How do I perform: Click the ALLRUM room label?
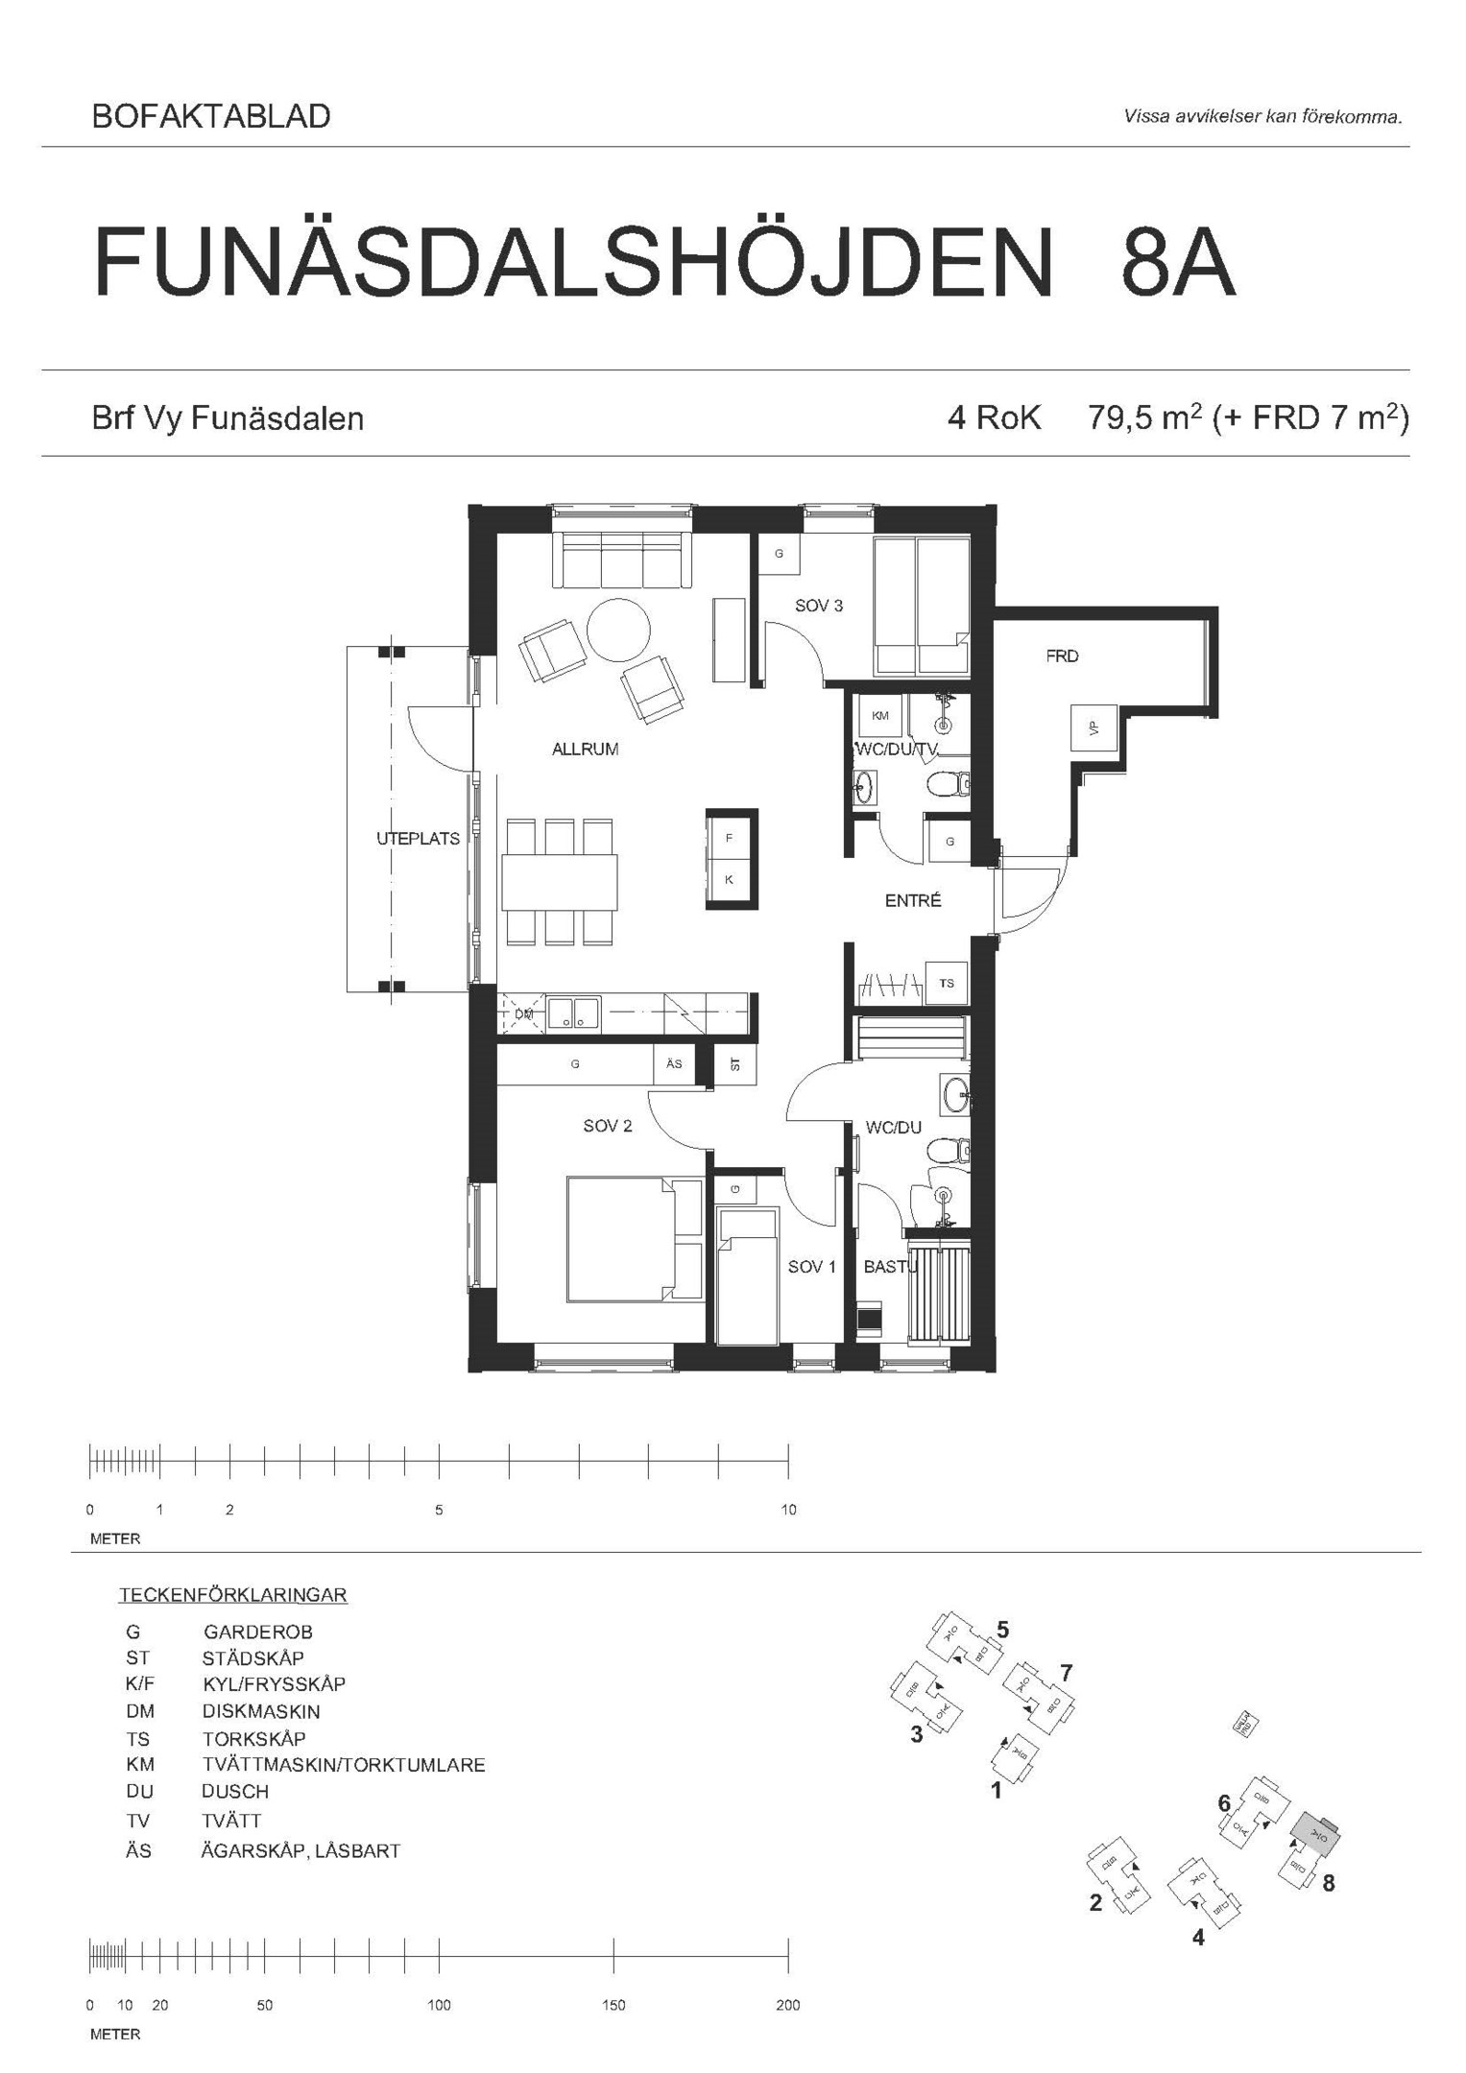click(585, 750)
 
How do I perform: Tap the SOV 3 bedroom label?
click(818, 606)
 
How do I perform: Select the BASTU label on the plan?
click(890, 1267)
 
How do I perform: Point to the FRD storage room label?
click(1062, 656)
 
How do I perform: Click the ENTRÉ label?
click(912, 900)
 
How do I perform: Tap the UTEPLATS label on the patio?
click(418, 838)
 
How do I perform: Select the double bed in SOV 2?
click(634, 1239)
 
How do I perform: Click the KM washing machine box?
click(879, 715)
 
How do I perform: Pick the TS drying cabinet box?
click(947, 983)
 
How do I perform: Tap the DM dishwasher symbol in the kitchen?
click(522, 1013)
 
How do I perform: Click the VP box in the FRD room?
click(1093, 728)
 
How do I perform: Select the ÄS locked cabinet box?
click(674, 1063)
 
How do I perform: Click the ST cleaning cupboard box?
click(735, 1064)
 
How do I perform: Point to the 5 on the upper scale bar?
click(439, 1510)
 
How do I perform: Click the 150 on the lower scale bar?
click(613, 2005)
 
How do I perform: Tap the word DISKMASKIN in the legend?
click(261, 1711)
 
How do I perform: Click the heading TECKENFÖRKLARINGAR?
click(232, 1595)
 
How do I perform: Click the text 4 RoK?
click(994, 418)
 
